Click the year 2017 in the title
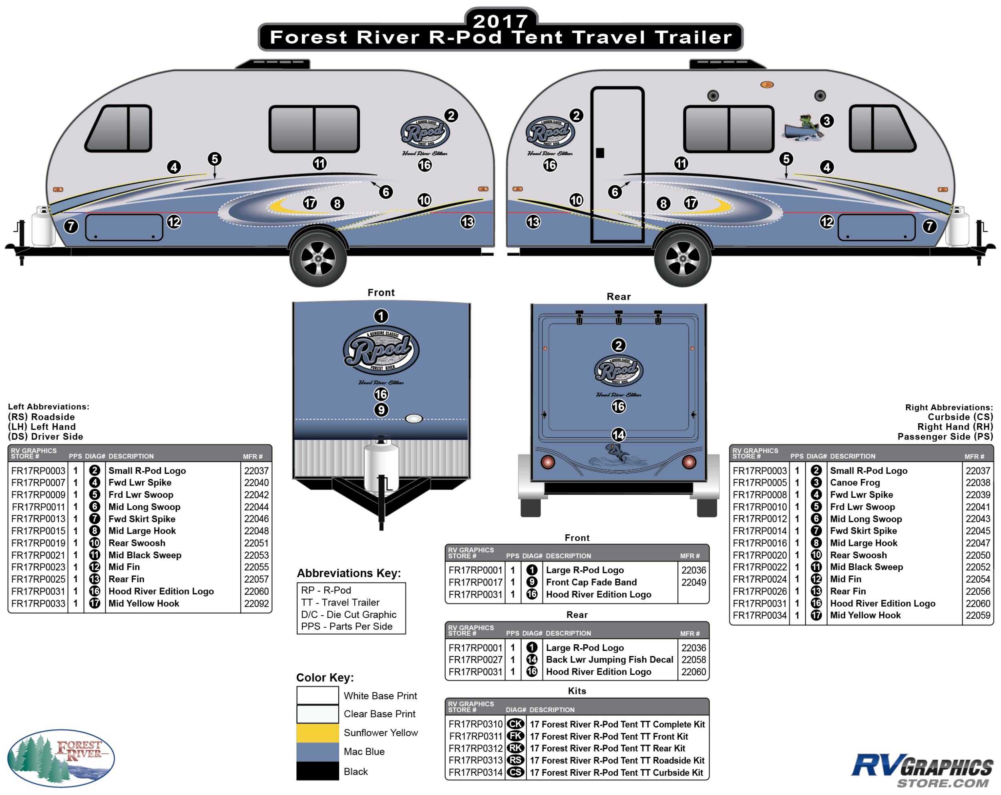coord(500,20)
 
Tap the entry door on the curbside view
coord(617,165)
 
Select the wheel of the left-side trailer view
coord(318,258)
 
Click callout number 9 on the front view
coord(381,410)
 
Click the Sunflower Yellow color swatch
coord(318,733)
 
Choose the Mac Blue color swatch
coord(318,752)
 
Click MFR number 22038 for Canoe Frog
coord(977,483)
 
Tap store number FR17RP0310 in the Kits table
coord(475,725)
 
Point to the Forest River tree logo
coord(61,758)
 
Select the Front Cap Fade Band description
coord(591,582)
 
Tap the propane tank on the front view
coord(381,464)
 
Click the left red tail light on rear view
coord(548,462)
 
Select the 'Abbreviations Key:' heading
coord(349,573)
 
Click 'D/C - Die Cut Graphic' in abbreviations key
coord(349,614)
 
